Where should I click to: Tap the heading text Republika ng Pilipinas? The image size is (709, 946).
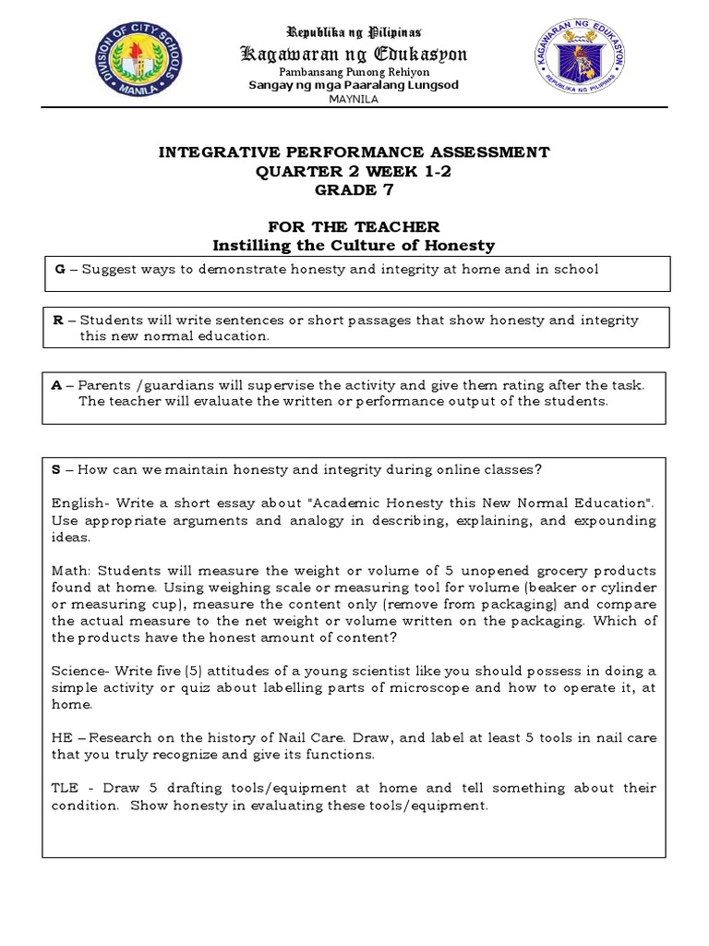click(354, 32)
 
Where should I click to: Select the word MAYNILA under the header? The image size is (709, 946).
click(354, 100)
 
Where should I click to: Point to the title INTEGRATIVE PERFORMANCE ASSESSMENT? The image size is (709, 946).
click(354, 152)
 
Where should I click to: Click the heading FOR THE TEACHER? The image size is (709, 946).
click(354, 227)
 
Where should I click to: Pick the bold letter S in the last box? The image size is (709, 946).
click(57, 469)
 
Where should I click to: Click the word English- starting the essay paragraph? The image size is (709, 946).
click(78, 503)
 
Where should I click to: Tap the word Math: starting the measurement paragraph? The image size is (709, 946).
click(72, 571)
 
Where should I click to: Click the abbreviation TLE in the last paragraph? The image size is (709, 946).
click(65, 788)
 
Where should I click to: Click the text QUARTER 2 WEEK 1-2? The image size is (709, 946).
click(354, 169)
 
